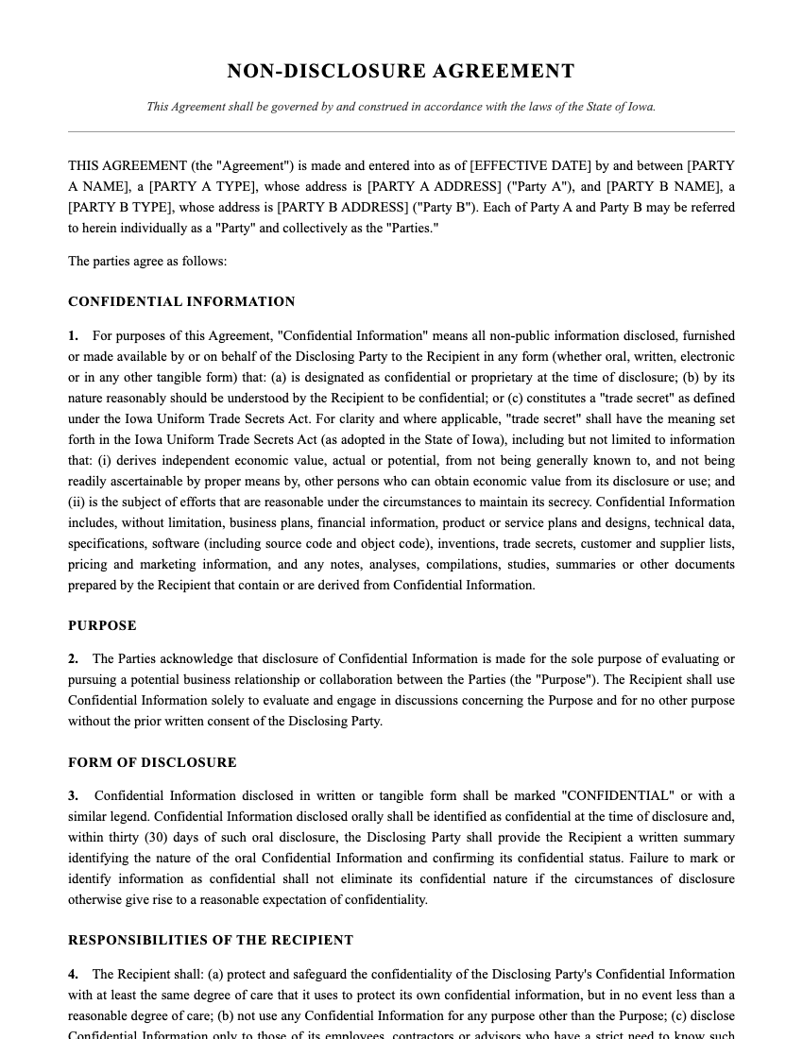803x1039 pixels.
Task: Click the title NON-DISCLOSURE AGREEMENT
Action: (x=401, y=72)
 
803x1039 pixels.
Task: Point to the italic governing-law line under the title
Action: (x=401, y=107)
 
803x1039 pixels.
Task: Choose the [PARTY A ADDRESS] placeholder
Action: (x=434, y=186)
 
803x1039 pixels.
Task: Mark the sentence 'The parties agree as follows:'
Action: (x=147, y=261)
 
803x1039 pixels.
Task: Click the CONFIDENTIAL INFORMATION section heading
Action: (x=181, y=302)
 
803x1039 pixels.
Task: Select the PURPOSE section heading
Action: (x=102, y=625)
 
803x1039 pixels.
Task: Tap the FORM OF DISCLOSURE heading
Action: (x=152, y=762)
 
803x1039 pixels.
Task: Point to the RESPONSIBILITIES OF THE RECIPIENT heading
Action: (x=211, y=941)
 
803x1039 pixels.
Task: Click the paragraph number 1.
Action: (x=73, y=335)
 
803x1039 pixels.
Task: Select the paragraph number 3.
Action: (x=73, y=795)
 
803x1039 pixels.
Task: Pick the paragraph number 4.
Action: (x=73, y=974)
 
